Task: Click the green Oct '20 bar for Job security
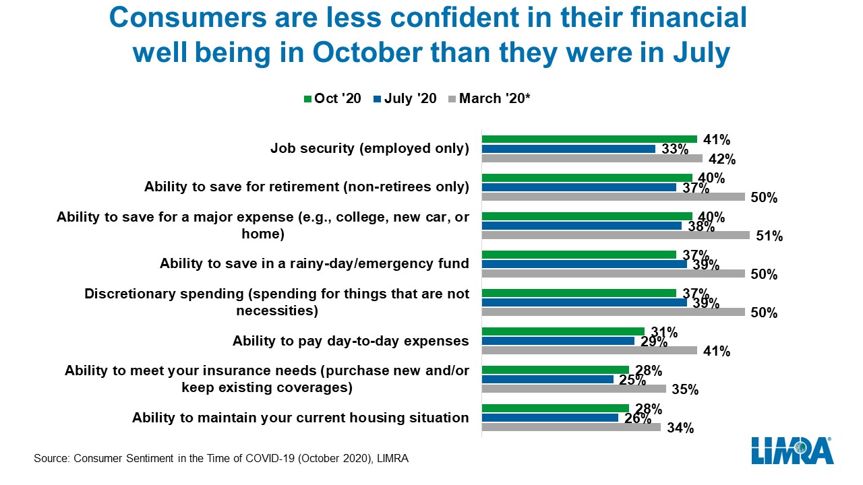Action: (589, 139)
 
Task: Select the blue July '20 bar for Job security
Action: (568, 149)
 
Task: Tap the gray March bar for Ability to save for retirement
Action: (613, 197)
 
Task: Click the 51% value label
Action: (769, 236)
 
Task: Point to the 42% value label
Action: (722, 159)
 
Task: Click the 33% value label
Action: (675, 149)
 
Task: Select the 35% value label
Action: (685, 389)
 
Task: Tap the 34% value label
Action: (680, 428)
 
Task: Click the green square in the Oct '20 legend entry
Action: (307, 99)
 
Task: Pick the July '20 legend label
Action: (411, 98)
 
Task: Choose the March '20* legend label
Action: (495, 98)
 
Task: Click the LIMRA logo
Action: (792, 451)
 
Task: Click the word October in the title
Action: (367, 53)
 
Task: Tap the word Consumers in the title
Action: (187, 18)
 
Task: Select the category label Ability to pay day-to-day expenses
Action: (351, 341)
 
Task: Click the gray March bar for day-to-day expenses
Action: (589, 350)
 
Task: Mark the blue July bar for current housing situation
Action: (549, 418)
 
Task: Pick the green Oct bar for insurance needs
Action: (555, 370)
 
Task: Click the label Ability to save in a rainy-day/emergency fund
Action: (314, 263)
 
